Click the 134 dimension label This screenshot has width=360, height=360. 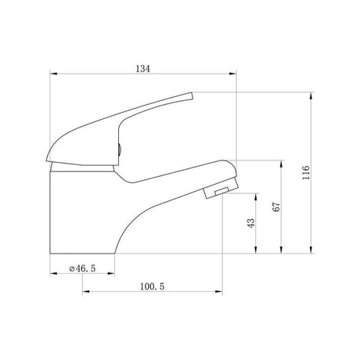pos(143,69)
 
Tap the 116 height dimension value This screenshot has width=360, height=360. pos(305,172)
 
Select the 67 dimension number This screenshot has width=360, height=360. pos(276,207)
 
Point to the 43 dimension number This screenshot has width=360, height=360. pos(250,223)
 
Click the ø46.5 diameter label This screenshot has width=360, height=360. pos(82,268)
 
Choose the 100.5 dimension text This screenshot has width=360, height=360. pos(153,286)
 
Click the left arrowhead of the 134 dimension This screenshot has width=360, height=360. pos(53,74)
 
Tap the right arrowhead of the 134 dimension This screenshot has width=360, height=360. pos(232,74)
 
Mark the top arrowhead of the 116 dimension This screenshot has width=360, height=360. pos(311,95)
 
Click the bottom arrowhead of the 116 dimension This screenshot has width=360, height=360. pos(311,250)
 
